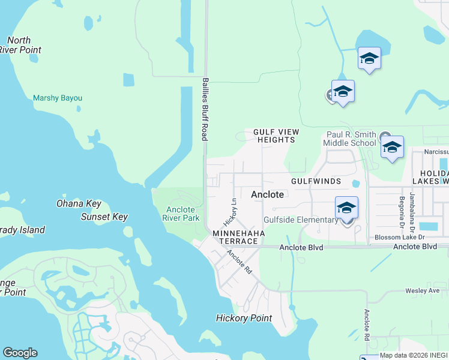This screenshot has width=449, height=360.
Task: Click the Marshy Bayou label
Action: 58,98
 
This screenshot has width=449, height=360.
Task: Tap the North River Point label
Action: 18,45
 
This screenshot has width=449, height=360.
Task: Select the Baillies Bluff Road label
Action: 205,109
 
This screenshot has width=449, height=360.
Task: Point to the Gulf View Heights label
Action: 276,136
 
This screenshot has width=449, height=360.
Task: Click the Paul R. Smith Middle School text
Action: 349,139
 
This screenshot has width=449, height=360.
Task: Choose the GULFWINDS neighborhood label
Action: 316,181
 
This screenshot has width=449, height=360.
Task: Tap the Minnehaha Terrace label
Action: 235,236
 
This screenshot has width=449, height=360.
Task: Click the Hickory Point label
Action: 244,318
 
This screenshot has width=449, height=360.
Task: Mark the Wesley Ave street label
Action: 423,291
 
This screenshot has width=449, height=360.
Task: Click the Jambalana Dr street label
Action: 412,206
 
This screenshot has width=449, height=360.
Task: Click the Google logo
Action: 20,353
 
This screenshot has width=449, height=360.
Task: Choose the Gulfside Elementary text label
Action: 301,220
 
